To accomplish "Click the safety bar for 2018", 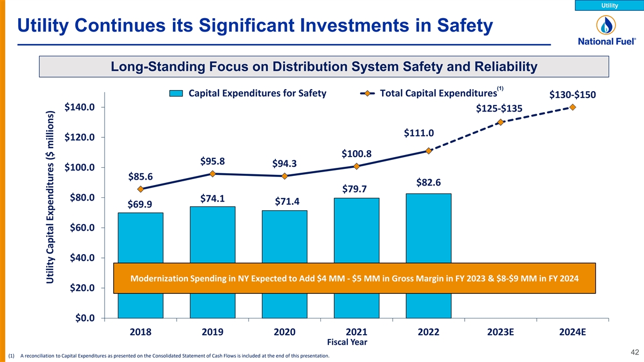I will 141,239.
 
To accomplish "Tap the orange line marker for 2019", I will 213,174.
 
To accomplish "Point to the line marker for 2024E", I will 573,107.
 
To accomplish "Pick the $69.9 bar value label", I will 139,204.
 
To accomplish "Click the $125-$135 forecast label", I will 499,109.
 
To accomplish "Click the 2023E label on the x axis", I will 501,331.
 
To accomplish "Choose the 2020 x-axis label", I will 284,331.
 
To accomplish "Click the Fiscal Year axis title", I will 347,342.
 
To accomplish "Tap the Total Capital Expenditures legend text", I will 437,94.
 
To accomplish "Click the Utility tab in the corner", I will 609,5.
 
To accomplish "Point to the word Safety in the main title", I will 458,25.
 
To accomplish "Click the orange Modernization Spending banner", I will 355,278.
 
